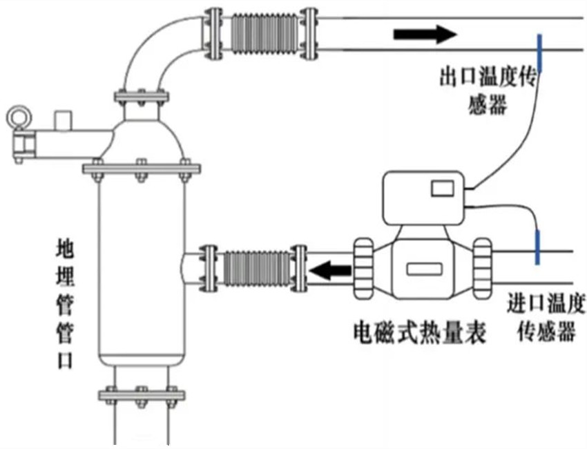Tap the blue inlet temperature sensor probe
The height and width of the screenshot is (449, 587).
[537, 246]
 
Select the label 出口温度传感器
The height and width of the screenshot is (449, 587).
[488, 90]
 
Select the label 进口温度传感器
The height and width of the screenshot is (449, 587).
[546, 318]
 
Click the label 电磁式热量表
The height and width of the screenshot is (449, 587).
[420, 333]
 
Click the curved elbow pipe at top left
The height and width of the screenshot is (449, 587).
[155, 55]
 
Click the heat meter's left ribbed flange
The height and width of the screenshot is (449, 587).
[363, 268]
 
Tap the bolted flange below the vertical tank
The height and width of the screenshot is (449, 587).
[141, 396]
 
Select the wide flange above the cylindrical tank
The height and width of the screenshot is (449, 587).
[141, 169]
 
